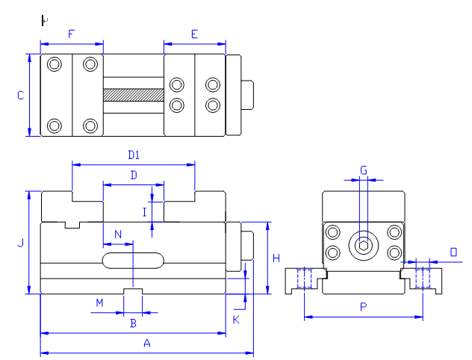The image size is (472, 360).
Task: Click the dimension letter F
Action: coord(71,34)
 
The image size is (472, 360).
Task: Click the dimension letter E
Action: coord(194,34)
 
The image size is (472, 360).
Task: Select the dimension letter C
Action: coord(20,96)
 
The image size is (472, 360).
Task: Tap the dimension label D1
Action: coord(134,155)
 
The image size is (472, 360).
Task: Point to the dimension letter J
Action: coord(20,243)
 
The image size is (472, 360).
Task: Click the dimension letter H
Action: coord(276,258)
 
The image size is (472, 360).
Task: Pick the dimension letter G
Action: coord(364,170)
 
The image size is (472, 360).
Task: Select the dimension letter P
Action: coord(363,307)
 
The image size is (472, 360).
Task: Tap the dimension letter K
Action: coord(236,320)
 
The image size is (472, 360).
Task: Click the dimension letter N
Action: coord(118,235)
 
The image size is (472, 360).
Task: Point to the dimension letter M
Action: coord(99,302)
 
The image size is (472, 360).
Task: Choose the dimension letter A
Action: coord(147,343)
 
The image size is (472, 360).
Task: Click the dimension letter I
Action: coord(144,213)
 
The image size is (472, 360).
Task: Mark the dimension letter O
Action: coord(453,252)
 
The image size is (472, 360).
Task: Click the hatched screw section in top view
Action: coord(134,95)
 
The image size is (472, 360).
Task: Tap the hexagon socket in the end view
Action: coord(364,246)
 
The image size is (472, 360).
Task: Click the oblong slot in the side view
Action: coord(134,261)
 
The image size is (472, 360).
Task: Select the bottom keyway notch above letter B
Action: coord(133,291)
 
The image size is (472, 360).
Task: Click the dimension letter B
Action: coord(134,323)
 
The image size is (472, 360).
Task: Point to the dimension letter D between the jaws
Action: coord(134,175)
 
